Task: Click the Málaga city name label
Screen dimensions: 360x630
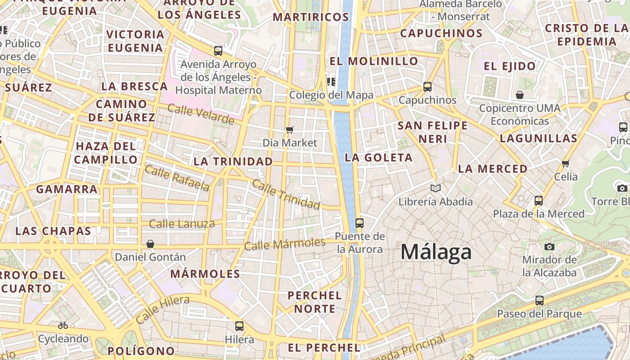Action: [436, 252]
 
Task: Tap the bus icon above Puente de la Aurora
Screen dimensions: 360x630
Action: [359, 223]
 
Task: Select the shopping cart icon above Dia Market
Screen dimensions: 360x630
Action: [290, 130]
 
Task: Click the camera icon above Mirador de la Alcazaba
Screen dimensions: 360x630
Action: [549, 247]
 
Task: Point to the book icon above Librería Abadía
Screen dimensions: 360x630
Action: [435, 188]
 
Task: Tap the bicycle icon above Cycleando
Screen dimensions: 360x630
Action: [63, 325]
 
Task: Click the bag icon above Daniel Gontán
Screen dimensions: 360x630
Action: [150, 244]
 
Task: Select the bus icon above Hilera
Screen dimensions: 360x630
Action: [239, 326]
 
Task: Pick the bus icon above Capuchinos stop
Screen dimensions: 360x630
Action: [427, 87]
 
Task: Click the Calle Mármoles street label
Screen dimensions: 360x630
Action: [284, 244]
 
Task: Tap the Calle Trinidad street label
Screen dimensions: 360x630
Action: [286, 194]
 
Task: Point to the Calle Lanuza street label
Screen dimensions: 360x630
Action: [182, 224]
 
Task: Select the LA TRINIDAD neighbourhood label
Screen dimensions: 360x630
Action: [233, 161]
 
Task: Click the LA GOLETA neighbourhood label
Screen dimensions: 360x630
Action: [378, 157]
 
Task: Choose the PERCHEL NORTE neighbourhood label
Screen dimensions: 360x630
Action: [314, 302]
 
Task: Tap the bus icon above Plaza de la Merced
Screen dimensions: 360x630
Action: [539, 201]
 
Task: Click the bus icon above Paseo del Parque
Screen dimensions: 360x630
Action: [539, 301]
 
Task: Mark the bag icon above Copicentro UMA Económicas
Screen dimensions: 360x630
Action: [520, 95]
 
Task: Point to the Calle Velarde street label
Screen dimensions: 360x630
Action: [201, 114]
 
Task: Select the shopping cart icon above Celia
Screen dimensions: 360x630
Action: [566, 163]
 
